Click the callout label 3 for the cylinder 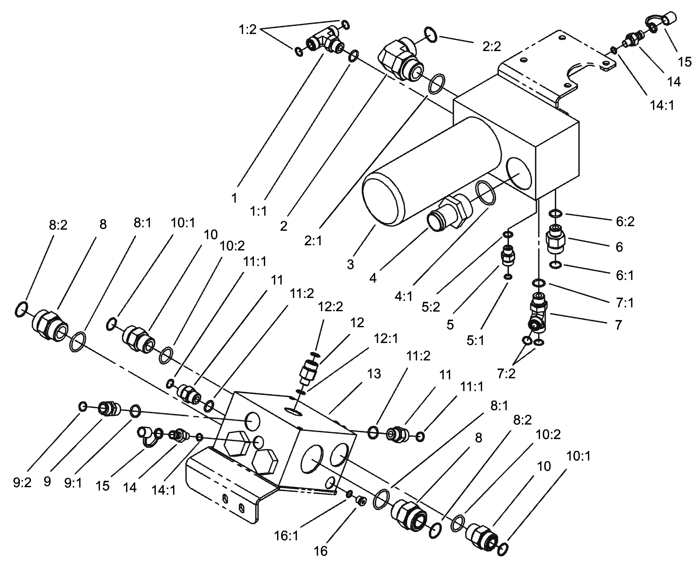coord(350,264)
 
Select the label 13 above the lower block coord(374,374)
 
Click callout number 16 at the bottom coord(320,551)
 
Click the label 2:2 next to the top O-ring coord(491,47)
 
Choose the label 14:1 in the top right coord(662,106)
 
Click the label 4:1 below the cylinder coord(404,296)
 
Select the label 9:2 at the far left coord(22,483)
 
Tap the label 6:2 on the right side coord(625,222)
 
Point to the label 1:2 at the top coord(247,29)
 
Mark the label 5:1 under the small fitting coord(475,341)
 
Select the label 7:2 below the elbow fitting coord(506,374)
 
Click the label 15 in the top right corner coord(685,62)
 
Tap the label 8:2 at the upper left coord(58,225)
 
